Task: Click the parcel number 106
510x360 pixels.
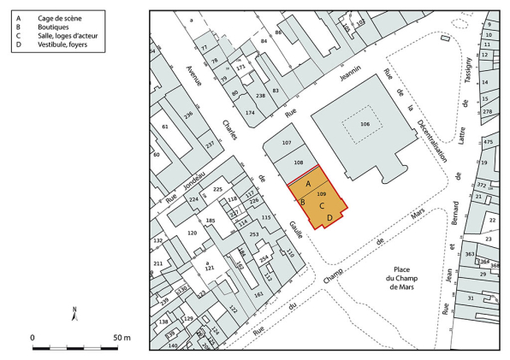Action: [365, 124]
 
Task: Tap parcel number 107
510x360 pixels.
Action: [287, 142]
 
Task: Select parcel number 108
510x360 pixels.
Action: [299, 162]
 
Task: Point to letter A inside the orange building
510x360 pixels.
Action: [308, 184]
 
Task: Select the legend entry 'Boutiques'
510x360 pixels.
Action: [52, 27]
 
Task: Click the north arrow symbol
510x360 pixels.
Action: [75, 314]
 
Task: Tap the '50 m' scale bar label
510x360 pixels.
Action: [122, 338]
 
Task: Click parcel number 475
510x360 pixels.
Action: [488, 142]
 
